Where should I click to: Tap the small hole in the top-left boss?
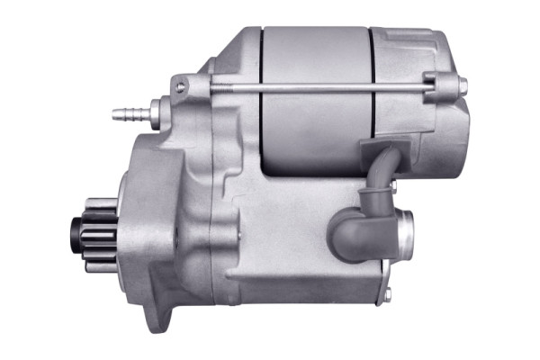click(x=182, y=87)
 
